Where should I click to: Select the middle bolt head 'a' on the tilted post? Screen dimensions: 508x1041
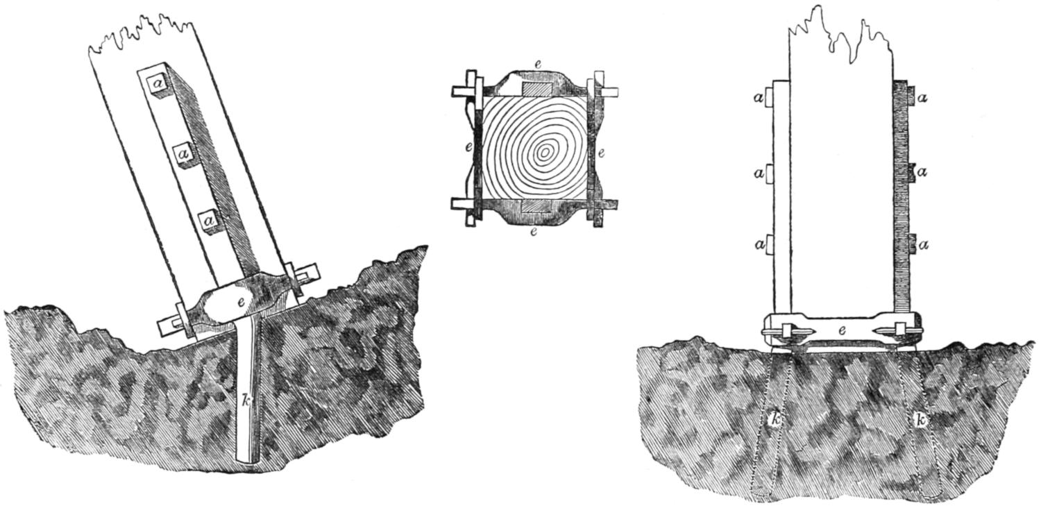pos(184,151)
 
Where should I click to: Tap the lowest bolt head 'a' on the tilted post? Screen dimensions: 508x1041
pos(209,220)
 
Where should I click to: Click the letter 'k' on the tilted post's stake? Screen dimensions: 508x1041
pos(246,400)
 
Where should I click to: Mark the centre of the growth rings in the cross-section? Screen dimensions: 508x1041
pos(545,151)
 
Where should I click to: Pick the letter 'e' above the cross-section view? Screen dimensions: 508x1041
pos(529,64)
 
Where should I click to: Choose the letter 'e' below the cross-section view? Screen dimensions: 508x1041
pos(533,232)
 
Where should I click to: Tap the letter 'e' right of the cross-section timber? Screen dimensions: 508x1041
pos(601,152)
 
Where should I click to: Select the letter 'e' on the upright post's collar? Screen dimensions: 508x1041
pos(841,331)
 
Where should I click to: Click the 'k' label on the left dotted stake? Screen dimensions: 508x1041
pos(777,419)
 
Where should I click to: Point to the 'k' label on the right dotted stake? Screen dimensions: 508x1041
pos(921,421)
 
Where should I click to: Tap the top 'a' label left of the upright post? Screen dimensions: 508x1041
pos(759,99)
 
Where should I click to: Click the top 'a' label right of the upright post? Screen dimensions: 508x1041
pos(922,99)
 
